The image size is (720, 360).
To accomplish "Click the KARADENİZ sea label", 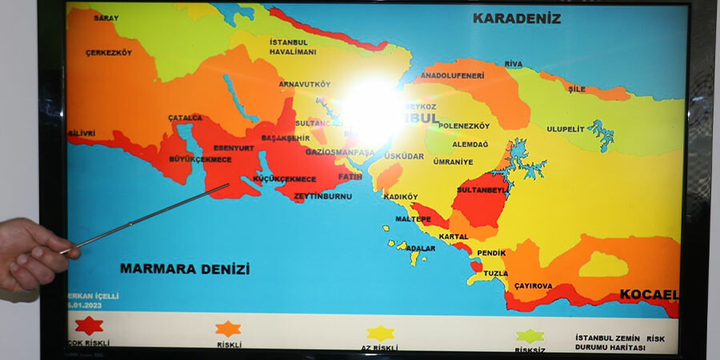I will point(516,18).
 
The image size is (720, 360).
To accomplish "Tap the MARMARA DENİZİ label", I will point(185,269).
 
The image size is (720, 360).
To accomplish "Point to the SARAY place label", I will point(106,18).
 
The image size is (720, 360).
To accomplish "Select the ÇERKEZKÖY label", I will point(108,53).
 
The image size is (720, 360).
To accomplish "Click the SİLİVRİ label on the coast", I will point(82,133).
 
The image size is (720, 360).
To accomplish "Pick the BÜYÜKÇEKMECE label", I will point(200,159).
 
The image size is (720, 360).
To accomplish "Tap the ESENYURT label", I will point(233,147).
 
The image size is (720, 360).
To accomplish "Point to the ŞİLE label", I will point(577,89).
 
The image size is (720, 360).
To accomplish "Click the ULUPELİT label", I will point(566,129).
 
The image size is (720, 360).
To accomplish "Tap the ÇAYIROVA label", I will point(534,285).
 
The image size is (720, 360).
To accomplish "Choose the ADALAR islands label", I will point(421,249).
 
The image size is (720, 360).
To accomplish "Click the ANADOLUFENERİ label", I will point(453,75).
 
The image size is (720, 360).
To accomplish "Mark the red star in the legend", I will point(89,326).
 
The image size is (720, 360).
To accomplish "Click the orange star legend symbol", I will point(228,328).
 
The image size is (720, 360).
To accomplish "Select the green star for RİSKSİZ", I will point(530,335).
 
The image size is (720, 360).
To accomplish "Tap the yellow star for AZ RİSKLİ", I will point(380,333).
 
